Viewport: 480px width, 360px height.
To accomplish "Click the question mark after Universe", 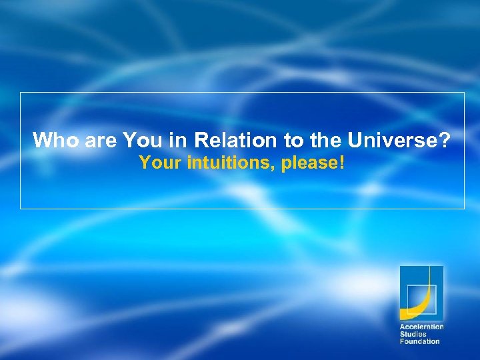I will click(x=445, y=141).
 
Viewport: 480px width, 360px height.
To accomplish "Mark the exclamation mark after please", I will click(x=342, y=162).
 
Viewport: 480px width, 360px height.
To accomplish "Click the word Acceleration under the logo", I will click(x=421, y=327).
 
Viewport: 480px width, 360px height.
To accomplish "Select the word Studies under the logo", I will click(x=413, y=334).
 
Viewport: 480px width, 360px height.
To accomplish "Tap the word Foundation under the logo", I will click(x=419, y=341).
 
